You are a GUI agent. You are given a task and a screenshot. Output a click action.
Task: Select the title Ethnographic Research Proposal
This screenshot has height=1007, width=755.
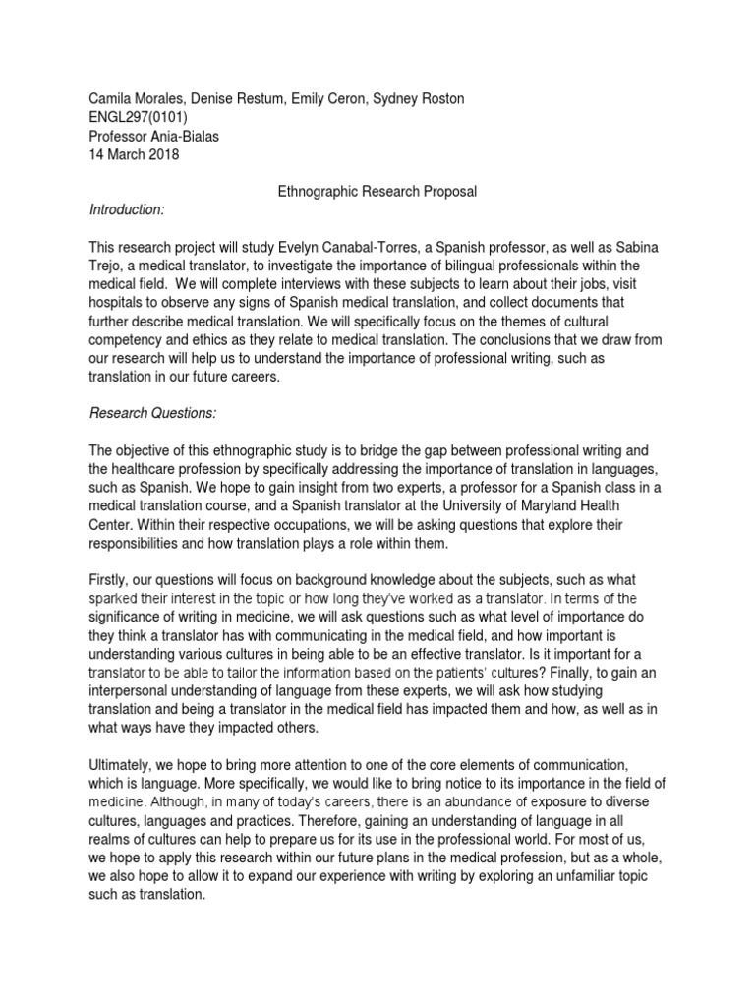377,192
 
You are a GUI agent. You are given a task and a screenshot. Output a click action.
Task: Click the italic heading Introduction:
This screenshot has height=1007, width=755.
128,209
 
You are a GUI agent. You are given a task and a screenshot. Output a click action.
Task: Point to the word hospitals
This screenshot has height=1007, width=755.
120,304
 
